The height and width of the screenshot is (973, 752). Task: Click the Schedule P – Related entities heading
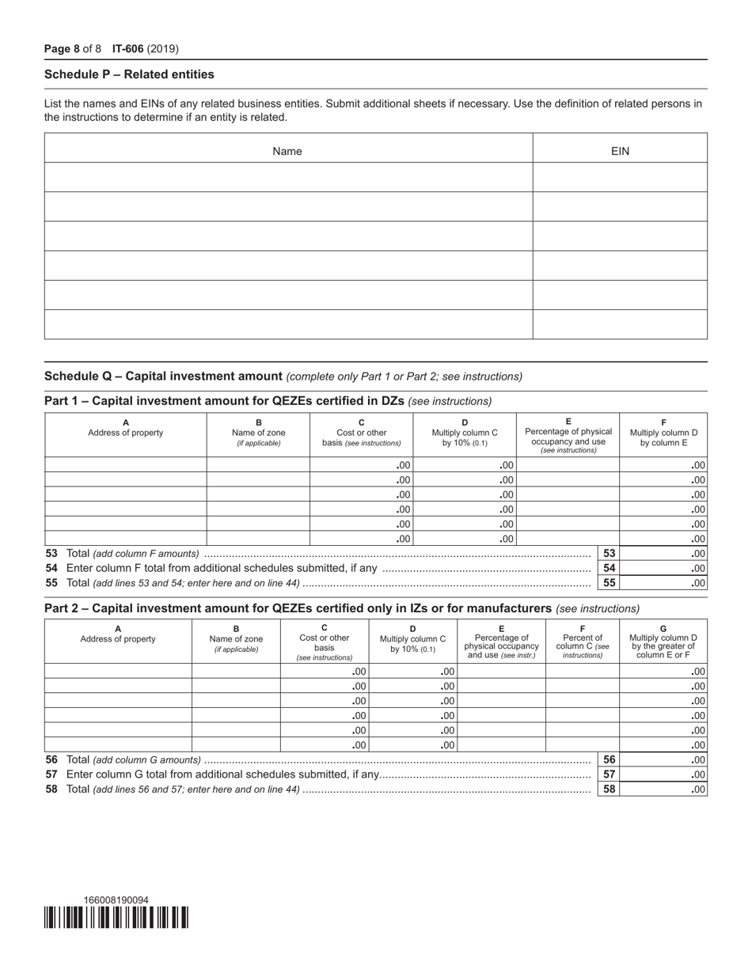pos(129,74)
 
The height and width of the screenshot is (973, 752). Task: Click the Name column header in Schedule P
pos(287,150)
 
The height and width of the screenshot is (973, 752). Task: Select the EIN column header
pos(620,150)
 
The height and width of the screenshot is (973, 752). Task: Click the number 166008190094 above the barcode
pos(116,900)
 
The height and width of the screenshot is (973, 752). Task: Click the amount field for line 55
pos(663,583)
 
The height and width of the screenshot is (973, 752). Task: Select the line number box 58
pos(609,789)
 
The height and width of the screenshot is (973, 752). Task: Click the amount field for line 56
pos(663,760)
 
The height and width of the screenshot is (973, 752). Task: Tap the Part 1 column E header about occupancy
pos(568,435)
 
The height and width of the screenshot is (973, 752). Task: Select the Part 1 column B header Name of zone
pos(258,433)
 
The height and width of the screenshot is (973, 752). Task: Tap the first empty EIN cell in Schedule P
pos(620,178)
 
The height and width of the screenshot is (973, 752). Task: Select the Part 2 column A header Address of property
pos(118,638)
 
